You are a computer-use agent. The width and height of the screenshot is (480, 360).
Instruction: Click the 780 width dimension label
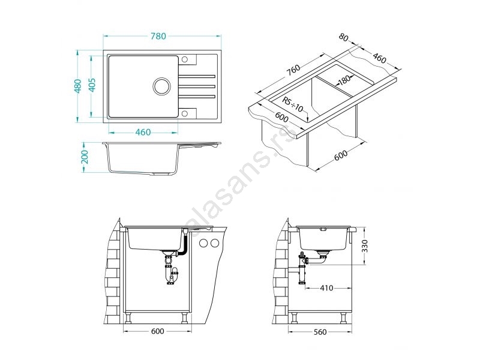pos(158,36)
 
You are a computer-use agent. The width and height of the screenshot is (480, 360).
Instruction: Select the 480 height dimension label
pos(78,86)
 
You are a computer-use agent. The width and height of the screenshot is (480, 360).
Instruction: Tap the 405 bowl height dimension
pos(92,85)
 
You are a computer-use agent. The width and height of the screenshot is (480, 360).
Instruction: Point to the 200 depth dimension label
pos(85,157)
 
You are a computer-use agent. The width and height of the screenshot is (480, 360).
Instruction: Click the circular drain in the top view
pos(161,86)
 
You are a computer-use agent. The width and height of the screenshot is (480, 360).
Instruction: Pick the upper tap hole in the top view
pos(185,59)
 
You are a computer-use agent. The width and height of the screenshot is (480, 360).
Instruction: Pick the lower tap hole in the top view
pos(185,113)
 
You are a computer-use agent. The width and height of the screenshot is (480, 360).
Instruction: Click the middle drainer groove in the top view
pos(197,86)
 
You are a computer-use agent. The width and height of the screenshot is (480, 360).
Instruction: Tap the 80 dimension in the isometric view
pos(343,38)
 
